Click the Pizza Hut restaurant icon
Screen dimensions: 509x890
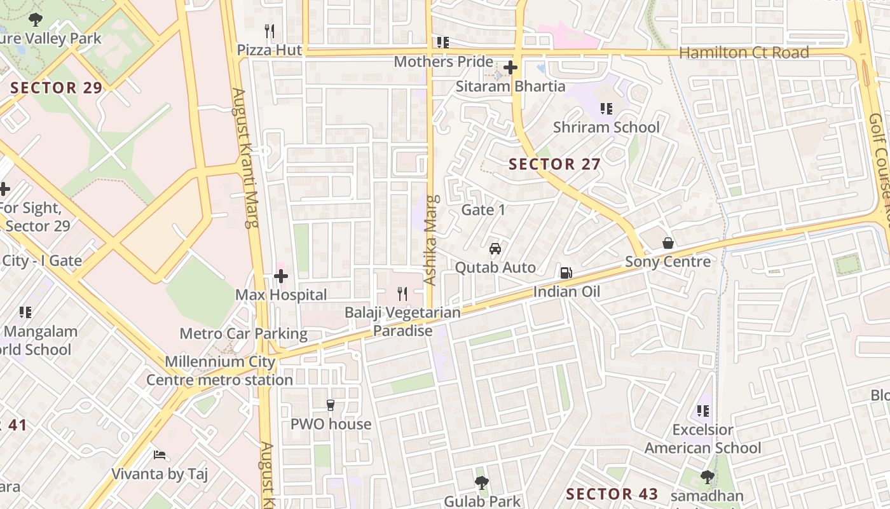tap(270, 31)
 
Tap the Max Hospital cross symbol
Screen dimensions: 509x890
tap(280, 276)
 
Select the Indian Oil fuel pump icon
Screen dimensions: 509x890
tap(566, 273)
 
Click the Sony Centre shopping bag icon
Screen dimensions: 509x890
tap(668, 243)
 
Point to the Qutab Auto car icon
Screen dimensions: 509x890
tap(495, 249)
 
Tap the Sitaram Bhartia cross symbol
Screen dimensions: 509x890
tap(510, 67)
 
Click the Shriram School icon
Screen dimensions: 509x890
tap(606, 109)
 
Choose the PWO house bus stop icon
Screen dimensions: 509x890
tap(331, 405)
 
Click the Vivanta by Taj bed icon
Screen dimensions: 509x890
tap(160, 455)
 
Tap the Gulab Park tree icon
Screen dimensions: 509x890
tap(482, 483)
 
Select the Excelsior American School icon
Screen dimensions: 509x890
tap(702, 411)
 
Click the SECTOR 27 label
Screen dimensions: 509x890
tap(554, 164)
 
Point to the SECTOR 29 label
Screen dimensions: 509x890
tap(57, 88)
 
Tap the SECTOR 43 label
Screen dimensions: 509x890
tap(612, 494)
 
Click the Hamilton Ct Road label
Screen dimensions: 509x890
tap(744, 53)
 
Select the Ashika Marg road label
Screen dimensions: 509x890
tap(430, 240)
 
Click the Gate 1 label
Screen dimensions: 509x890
tap(483, 210)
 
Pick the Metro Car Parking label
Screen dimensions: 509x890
tap(243, 333)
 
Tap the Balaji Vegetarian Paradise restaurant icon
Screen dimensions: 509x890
tap(402, 293)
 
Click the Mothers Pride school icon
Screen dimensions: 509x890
tap(442, 43)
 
